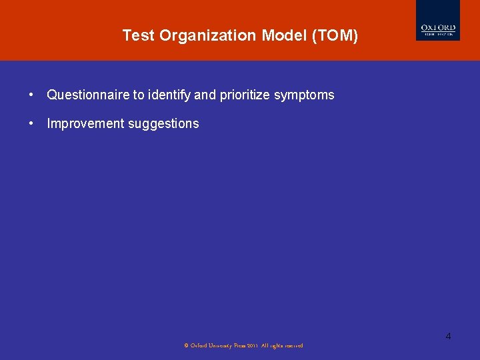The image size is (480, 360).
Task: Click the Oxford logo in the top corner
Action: [438, 20]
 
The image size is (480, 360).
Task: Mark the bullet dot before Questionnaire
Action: [31, 95]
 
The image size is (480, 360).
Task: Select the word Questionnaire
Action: [88, 95]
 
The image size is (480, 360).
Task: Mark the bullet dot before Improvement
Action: [31, 123]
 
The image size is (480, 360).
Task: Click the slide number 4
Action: [448, 336]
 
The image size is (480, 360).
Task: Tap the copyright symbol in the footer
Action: [186, 345]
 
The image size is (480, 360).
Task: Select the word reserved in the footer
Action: [293, 345]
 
